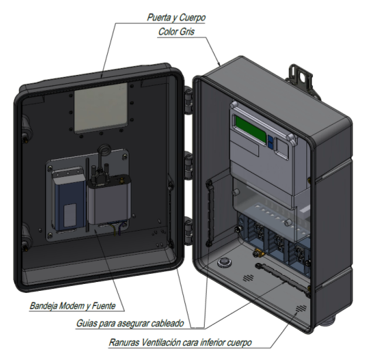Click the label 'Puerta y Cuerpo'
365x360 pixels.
point(176,18)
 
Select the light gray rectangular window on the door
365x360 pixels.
point(100,110)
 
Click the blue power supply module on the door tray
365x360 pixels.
point(68,200)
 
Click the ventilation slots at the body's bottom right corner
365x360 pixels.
point(302,309)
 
